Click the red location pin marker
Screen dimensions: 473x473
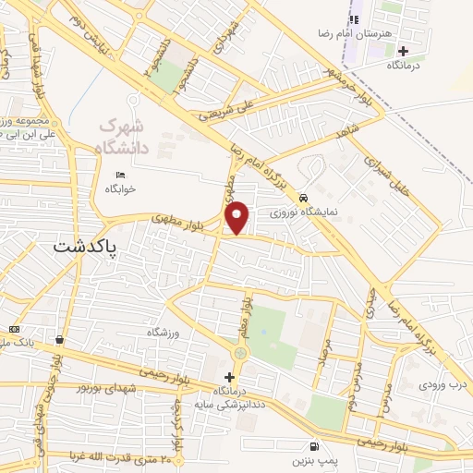coord(237,217)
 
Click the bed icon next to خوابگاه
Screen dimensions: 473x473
coord(119,176)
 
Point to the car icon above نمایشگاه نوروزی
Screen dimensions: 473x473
coord(303,198)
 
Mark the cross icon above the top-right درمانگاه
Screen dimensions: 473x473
coord(403,50)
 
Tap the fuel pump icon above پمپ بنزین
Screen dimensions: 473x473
coord(317,445)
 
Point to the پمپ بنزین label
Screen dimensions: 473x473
coord(310,459)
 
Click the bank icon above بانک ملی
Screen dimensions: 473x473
coord(13,329)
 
